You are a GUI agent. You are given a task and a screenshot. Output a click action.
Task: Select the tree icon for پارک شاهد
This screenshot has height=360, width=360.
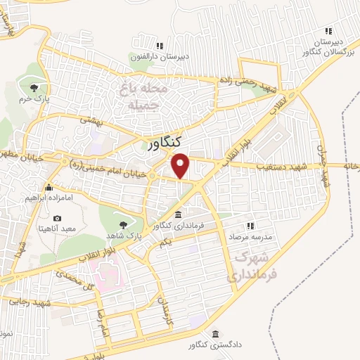click(x=124, y=223)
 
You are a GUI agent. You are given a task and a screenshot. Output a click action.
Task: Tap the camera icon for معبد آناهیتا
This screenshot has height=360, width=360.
click(x=58, y=219)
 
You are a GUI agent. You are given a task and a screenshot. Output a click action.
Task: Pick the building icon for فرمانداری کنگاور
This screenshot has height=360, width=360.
click(x=178, y=214)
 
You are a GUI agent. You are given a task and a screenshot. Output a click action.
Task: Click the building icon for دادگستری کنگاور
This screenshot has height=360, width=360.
click(x=214, y=333)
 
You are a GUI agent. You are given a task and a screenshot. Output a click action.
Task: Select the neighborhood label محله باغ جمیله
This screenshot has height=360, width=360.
click(x=143, y=96)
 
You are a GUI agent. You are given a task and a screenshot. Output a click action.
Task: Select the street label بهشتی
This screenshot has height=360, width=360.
click(x=91, y=120)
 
